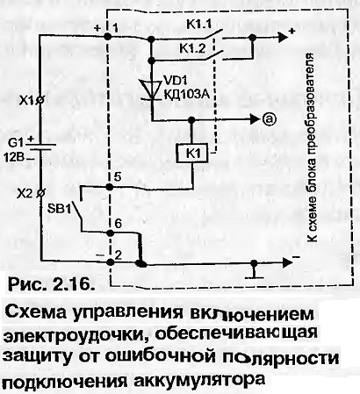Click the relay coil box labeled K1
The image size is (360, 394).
(x=192, y=154)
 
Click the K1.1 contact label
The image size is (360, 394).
(x=199, y=25)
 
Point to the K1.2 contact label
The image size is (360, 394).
(x=193, y=48)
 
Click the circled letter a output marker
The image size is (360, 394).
(x=269, y=118)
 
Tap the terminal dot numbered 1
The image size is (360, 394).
(x=108, y=37)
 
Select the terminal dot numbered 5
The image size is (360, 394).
(x=109, y=187)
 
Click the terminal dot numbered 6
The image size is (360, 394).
(x=110, y=233)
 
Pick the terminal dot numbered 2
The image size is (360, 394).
(x=111, y=261)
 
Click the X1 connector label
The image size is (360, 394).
(x=27, y=101)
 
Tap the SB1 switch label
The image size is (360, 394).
(x=60, y=210)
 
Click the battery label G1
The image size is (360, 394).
(x=15, y=143)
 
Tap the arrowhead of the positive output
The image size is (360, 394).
(x=282, y=37)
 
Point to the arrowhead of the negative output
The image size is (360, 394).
(x=287, y=262)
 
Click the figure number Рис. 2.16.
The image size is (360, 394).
(x=48, y=284)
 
